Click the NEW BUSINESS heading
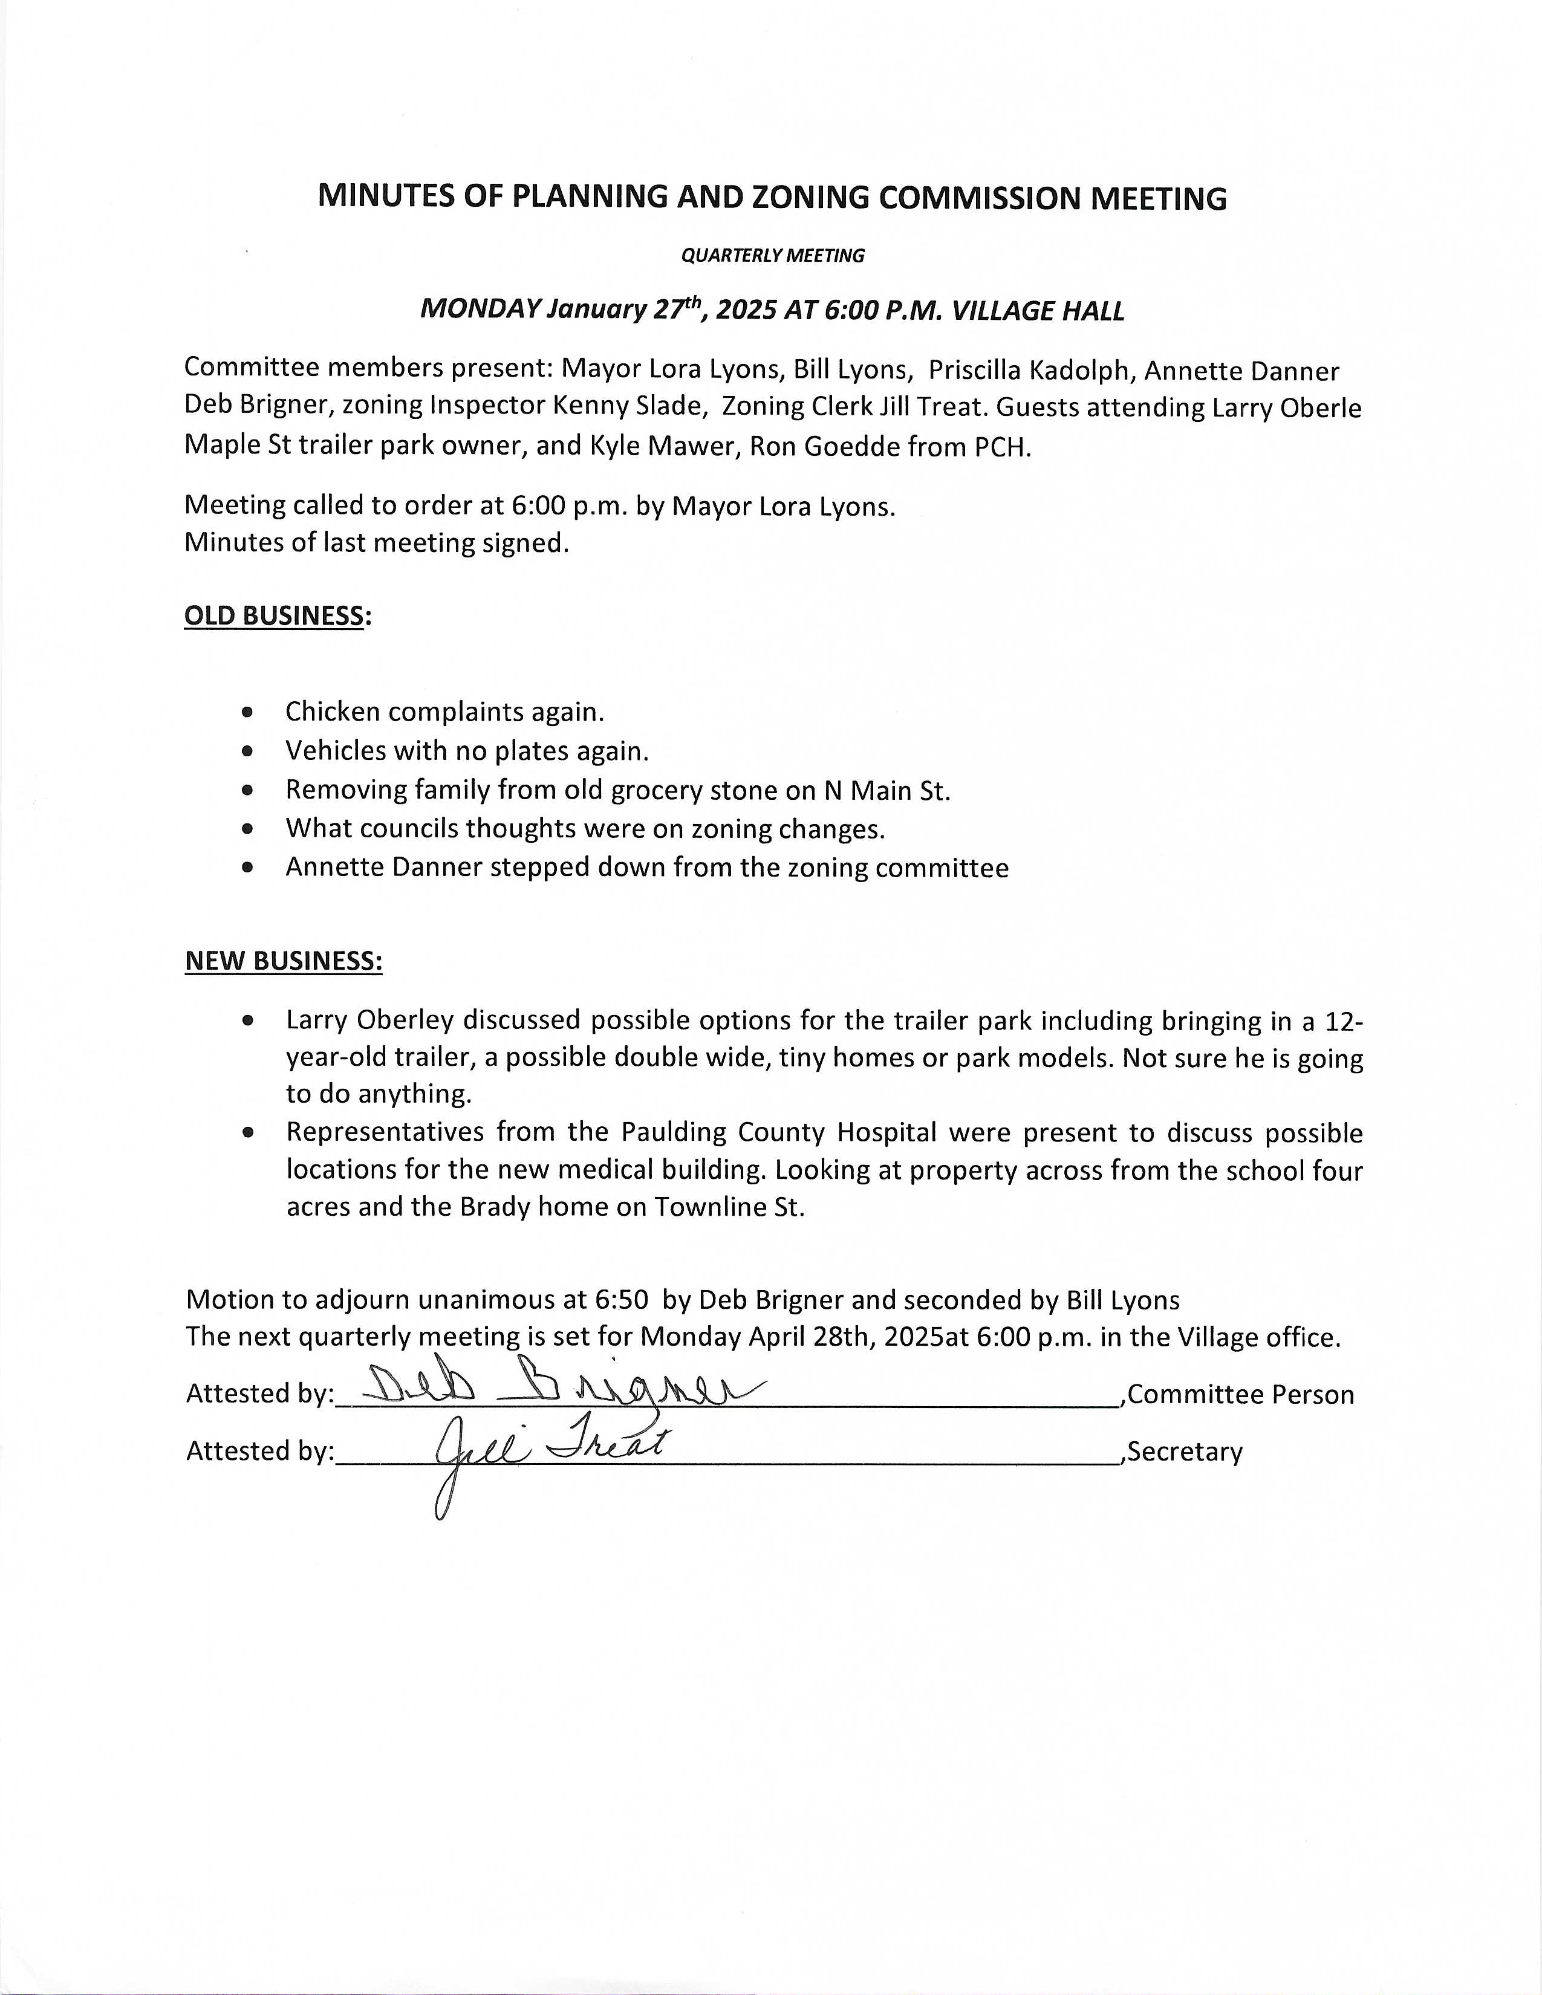tap(283, 961)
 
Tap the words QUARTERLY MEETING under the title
tap(772, 256)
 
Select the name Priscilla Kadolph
tap(1029, 371)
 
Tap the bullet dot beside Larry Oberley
tap(247, 1020)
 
